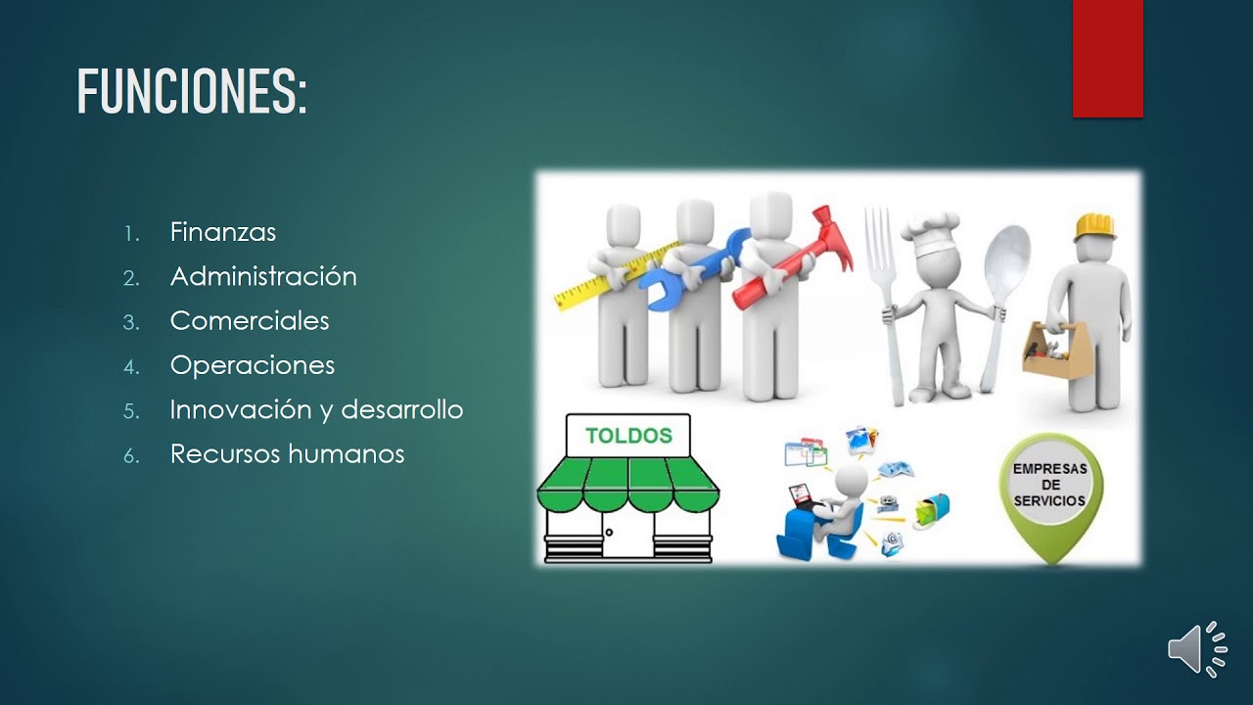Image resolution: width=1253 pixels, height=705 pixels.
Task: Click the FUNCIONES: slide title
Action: pos(192,92)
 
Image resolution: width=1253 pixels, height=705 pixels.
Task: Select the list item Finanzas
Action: pos(222,232)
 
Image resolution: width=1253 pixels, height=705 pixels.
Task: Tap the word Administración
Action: pos(263,276)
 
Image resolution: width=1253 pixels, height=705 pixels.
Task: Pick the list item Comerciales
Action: pos(250,320)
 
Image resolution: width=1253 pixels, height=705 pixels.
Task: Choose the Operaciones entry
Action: pos(253,365)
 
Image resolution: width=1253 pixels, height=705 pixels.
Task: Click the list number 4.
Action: pos(131,367)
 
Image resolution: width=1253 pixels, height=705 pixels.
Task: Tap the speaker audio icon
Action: pos(1197,649)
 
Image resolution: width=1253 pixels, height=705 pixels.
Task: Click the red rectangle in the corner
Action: pos(1107,59)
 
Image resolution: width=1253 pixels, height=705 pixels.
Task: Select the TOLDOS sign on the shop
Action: pos(628,436)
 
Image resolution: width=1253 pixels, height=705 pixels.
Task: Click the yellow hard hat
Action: pos(1094,228)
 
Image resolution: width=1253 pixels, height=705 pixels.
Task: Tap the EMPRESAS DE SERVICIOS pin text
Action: pos(1050,485)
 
